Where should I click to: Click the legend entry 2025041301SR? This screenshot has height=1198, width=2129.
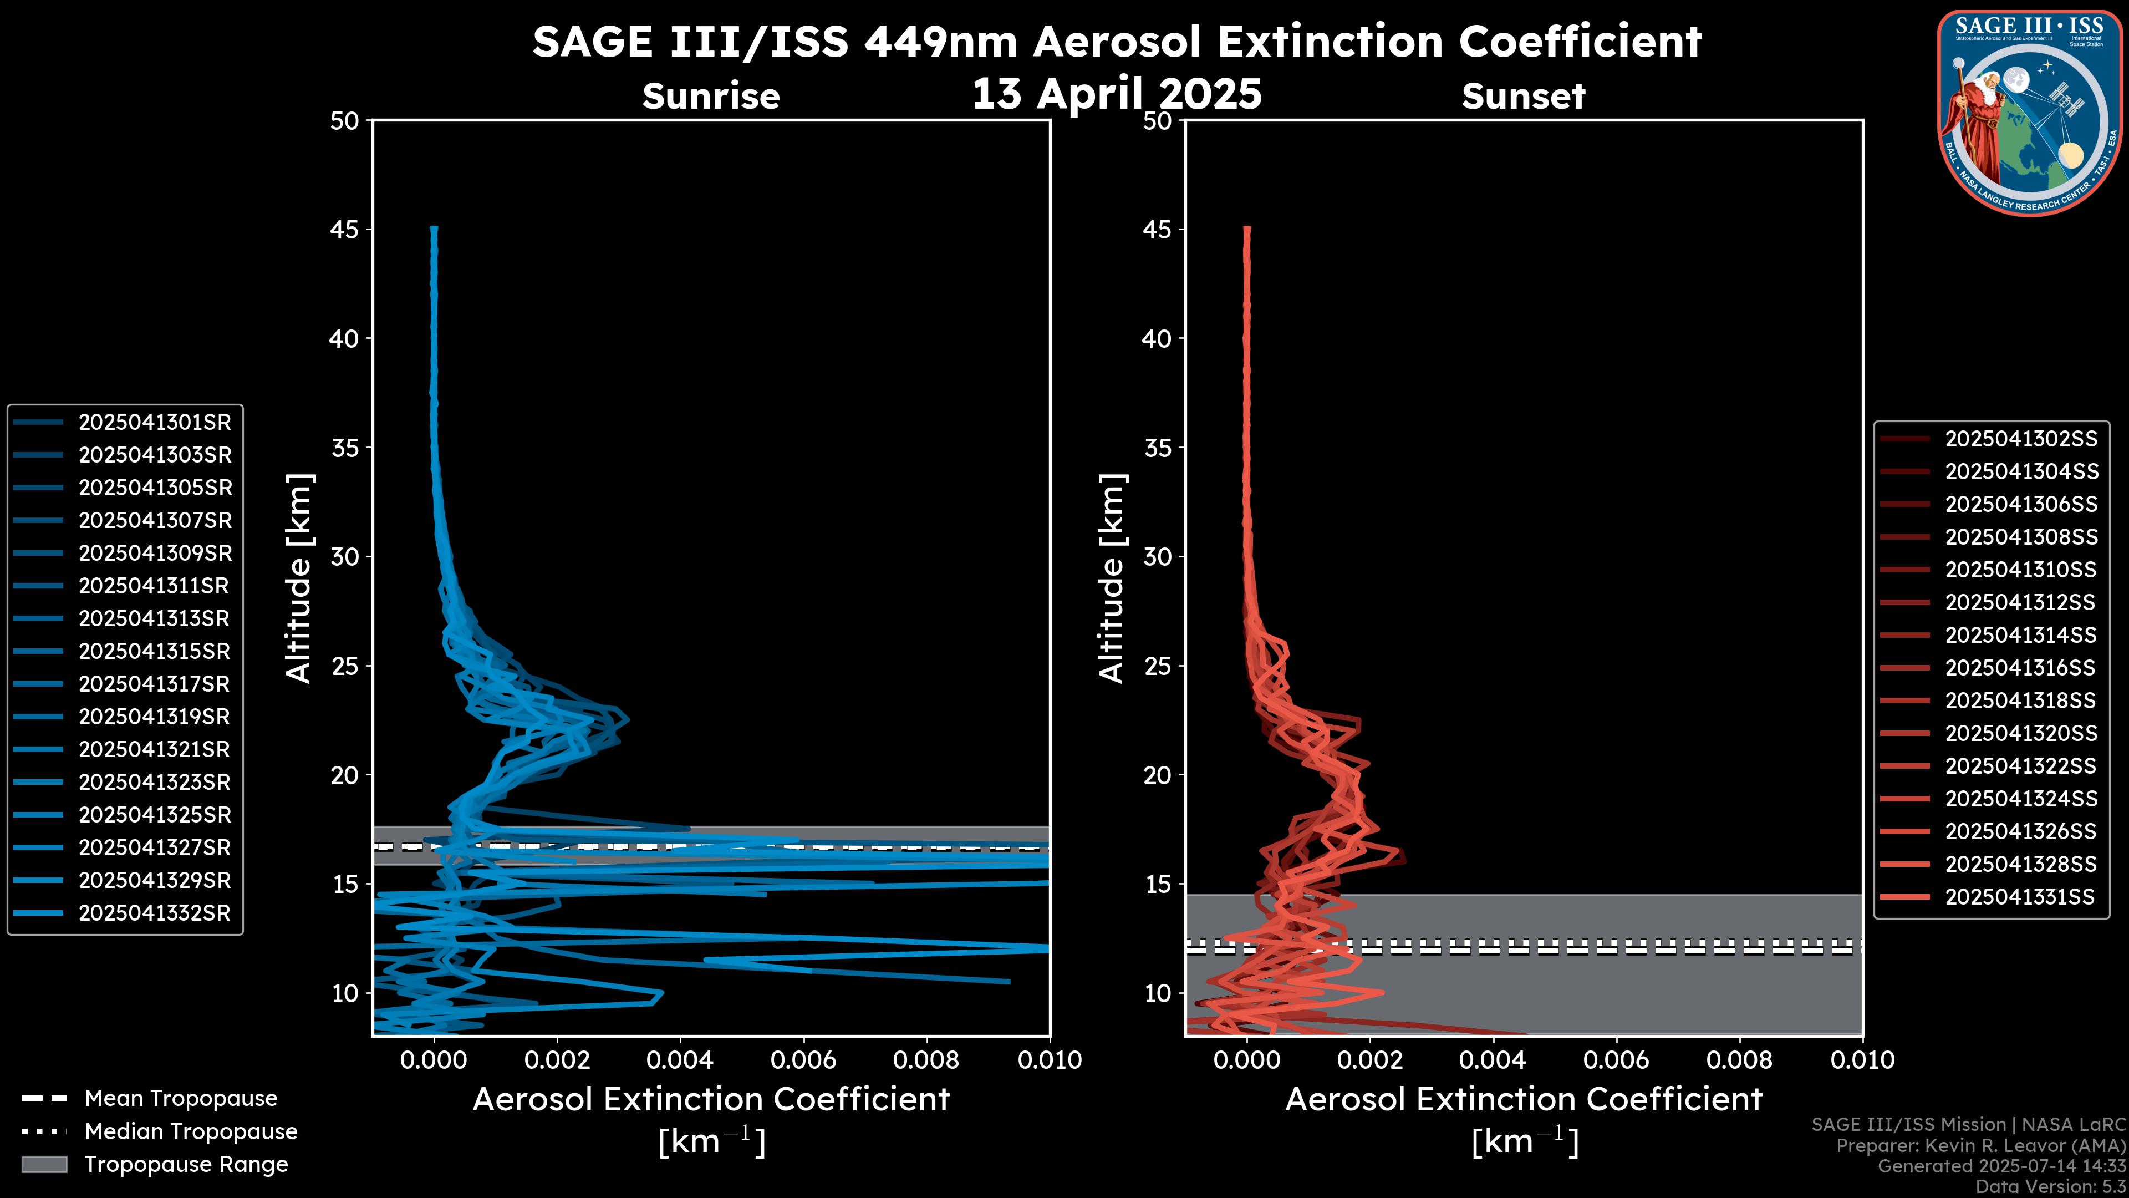(123, 423)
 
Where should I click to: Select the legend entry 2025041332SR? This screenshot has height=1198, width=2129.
(123, 913)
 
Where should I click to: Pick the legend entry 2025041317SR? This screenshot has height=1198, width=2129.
(123, 684)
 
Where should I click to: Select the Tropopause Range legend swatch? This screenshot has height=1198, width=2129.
(44, 1165)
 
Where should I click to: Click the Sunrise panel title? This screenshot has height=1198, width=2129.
(711, 96)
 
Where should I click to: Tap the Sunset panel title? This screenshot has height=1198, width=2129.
(1523, 96)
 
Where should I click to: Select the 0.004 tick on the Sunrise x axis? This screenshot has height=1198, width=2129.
(681, 1060)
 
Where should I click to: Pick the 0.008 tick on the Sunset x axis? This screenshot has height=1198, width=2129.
(1740, 1060)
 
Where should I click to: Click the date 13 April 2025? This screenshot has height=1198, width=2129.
(1117, 93)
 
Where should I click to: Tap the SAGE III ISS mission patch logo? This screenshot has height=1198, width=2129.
(2028, 113)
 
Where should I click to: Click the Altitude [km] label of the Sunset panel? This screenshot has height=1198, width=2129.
(1112, 578)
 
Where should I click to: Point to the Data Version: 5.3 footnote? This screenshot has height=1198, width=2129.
(2050, 1186)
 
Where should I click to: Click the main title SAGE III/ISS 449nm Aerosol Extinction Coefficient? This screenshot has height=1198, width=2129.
(1117, 42)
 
